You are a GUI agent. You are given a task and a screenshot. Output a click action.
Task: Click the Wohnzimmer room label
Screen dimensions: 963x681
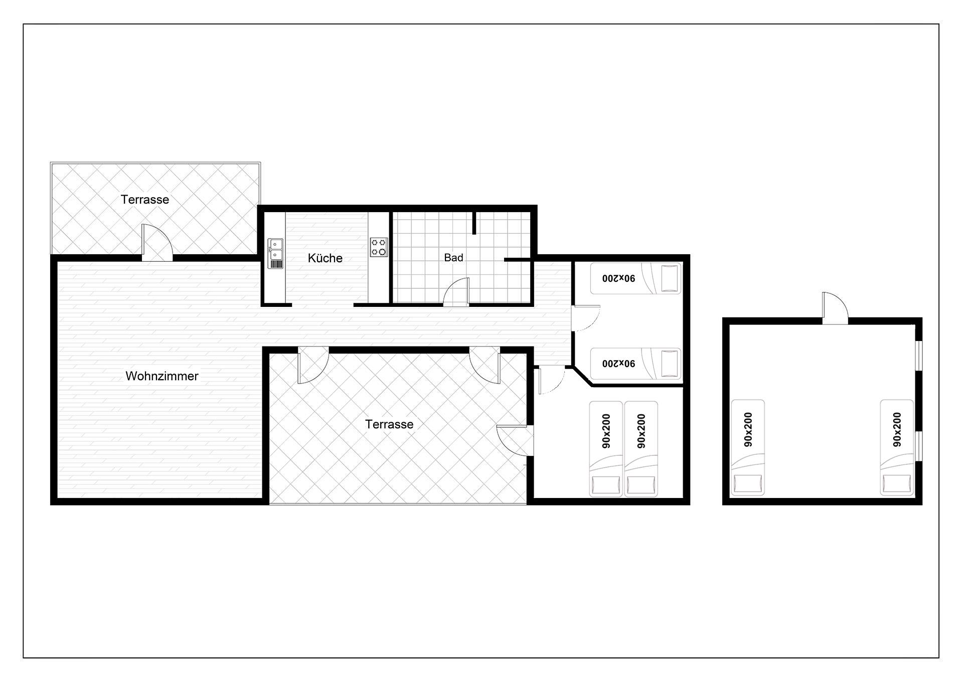pyautogui.click(x=162, y=376)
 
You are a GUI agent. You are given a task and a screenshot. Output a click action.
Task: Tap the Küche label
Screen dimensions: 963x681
pyautogui.click(x=325, y=258)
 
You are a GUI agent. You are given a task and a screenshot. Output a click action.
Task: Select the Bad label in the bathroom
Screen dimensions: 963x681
pyautogui.click(x=453, y=258)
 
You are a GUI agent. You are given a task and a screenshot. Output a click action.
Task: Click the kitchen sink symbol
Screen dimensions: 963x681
pyautogui.click(x=275, y=253)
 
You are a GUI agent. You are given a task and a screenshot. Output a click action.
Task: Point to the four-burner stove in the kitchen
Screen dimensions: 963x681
pyautogui.click(x=379, y=247)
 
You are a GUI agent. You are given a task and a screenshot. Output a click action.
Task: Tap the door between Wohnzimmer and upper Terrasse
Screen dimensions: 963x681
pyautogui.click(x=157, y=243)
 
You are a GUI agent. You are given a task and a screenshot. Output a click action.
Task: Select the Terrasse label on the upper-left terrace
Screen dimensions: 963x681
pyautogui.click(x=144, y=200)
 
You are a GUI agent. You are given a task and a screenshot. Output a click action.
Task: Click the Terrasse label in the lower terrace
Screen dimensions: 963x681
pyautogui.click(x=389, y=424)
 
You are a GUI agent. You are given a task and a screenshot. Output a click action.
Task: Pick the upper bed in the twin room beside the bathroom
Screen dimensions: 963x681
pyautogui.click(x=635, y=278)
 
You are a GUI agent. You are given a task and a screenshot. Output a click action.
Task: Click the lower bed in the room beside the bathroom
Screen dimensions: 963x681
pyautogui.click(x=635, y=364)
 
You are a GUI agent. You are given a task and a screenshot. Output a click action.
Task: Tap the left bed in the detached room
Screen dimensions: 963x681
pyautogui.click(x=747, y=448)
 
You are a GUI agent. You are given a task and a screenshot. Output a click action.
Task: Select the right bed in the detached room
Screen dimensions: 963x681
pyautogui.click(x=897, y=448)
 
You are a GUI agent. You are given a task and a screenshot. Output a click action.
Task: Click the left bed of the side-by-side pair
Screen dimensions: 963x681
pyautogui.click(x=606, y=449)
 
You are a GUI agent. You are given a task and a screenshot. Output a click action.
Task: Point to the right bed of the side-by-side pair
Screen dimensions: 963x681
pyautogui.click(x=640, y=449)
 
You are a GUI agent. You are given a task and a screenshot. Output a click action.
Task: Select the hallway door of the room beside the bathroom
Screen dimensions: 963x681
pyautogui.click(x=586, y=318)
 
